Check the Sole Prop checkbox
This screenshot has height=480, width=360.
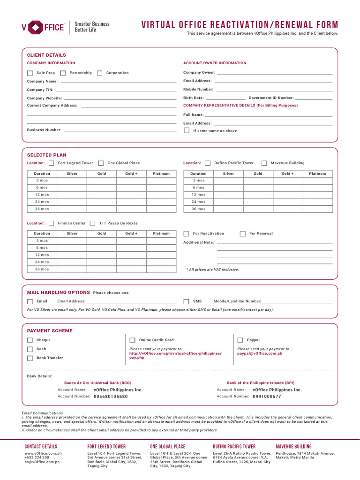pos(30,73)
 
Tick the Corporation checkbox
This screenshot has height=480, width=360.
pos(99,73)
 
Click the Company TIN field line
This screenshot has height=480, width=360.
pos(115,90)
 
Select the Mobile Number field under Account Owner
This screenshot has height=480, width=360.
pos(274,90)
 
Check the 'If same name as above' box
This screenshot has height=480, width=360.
pos(187,131)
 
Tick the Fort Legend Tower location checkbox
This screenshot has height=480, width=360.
pos(51,163)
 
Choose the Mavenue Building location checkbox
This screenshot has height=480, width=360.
pos(264,163)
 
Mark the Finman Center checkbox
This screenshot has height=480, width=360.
pos(51,224)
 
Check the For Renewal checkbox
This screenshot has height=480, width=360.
pos(243,233)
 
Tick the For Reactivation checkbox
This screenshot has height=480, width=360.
pos(186,233)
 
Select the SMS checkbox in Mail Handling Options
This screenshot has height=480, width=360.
pos(186,302)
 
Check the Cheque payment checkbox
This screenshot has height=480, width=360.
pos(30,340)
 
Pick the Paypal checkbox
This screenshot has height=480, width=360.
pos(240,340)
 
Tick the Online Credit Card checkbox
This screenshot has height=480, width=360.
pos(132,340)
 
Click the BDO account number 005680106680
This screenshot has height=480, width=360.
pos(111,397)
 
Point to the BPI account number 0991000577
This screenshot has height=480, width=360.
pos(267,397)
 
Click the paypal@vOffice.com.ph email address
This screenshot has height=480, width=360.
pos(260,353)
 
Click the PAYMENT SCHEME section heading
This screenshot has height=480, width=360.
pos(50,331)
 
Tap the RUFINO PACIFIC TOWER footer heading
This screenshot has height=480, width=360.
pos(234,447)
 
